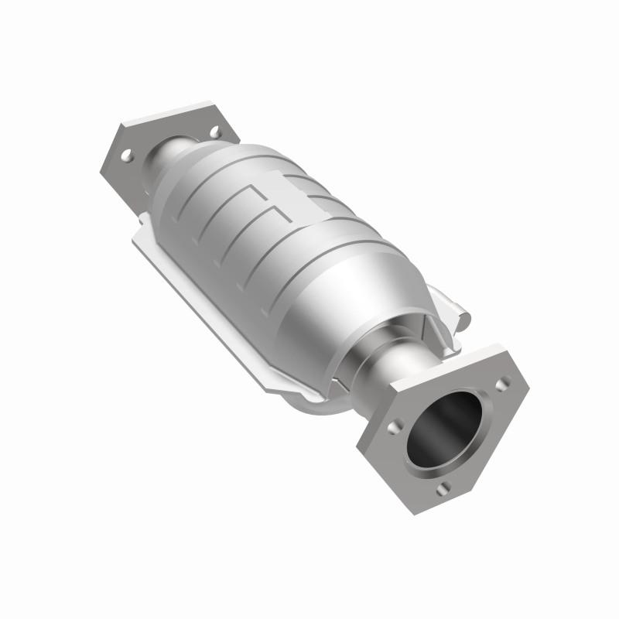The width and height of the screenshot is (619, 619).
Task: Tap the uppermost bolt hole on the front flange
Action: point(504,382)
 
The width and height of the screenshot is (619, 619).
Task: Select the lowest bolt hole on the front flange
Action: point(442,488)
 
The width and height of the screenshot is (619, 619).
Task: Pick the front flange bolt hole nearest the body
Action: point(396,426)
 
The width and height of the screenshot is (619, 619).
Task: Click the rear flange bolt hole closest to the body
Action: point(214,132)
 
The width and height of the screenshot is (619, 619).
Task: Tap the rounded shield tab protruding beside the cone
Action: point(457,309)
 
